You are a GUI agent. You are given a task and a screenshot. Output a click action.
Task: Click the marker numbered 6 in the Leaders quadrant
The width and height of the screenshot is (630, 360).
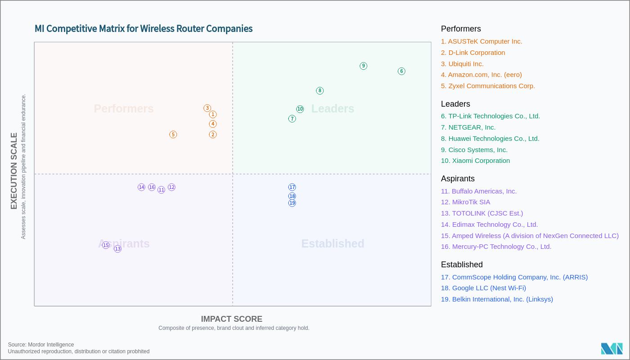[x=401, y=71]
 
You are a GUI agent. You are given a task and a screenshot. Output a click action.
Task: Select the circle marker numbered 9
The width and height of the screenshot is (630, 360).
[x=364, y=66]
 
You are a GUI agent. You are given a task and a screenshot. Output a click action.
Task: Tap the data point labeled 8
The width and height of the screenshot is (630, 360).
[x=320, y=91]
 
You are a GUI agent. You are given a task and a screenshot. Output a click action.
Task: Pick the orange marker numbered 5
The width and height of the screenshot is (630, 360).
[x=173, y=135]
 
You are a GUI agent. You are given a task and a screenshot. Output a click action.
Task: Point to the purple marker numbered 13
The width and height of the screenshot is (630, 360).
[x=117, y=249]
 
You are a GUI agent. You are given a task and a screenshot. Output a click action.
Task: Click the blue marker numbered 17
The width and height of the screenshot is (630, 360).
[x=292, y=187]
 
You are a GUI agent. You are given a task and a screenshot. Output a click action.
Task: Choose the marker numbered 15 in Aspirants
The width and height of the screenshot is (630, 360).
[x=106, y=245]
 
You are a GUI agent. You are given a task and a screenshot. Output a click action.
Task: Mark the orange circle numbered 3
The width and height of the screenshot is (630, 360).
[x=207, y=108]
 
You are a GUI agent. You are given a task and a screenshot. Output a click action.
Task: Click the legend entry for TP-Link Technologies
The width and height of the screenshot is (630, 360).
[x=490, y=116]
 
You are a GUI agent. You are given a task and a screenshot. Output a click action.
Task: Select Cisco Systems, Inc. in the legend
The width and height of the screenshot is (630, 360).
[x=474, y=150]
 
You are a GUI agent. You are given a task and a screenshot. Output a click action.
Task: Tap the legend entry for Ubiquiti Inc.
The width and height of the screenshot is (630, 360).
[x=462, y=64]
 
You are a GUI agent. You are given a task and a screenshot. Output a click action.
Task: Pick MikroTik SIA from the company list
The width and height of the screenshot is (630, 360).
[x=465, y=202]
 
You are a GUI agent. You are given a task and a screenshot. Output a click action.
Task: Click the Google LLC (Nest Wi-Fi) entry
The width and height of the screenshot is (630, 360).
[x=483, y=288]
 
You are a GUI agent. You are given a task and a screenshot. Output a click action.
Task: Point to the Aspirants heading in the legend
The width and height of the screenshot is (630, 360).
[x=458, y=179]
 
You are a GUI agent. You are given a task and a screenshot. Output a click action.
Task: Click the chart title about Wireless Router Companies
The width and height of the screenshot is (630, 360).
[x=144, y=29]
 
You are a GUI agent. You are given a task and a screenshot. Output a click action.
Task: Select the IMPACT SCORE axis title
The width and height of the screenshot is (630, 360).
[x=232, y=319]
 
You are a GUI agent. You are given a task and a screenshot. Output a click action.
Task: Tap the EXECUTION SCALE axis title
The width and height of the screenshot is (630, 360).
[x=14, y=171]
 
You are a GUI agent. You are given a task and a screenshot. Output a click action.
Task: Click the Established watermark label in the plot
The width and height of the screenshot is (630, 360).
[x=333, y=243]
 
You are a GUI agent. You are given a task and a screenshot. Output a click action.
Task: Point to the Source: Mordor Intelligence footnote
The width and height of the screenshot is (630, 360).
[x=41, y=345]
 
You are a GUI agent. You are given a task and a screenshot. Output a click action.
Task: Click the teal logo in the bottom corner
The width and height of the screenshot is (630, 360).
[x=612, y=349]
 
